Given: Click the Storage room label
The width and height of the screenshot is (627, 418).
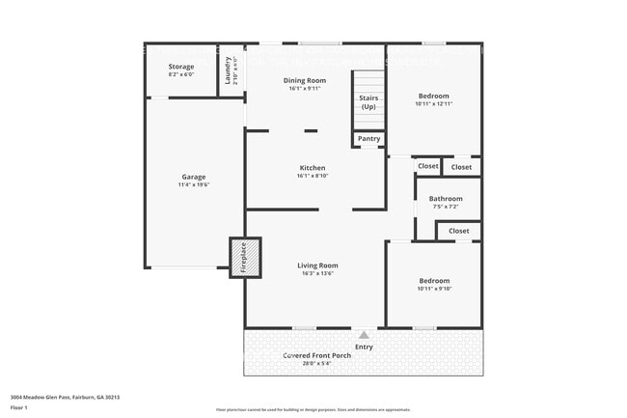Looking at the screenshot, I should point(181,67).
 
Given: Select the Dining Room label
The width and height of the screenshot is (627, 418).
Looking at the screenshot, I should point(304,80).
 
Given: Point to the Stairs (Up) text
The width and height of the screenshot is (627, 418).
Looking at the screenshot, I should point(368,102).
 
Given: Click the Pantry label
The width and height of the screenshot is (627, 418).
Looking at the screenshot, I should point(368,139).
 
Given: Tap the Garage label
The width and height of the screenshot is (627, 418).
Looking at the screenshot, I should point(194,177).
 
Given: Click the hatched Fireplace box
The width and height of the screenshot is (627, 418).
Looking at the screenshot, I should point(244,258).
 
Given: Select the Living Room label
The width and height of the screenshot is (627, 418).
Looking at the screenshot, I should point(316,265).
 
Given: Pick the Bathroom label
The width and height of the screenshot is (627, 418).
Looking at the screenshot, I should point(446,199).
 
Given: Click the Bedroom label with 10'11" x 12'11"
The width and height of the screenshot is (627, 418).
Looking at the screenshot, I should point(433,96).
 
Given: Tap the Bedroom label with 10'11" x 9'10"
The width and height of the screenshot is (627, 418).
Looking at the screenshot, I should point(433,280).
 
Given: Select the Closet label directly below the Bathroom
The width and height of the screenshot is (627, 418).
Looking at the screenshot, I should point(458,231).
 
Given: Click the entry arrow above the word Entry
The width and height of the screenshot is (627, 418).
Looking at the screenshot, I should point(364,335).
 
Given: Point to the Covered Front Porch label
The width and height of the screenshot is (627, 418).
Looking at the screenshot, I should point(316,356).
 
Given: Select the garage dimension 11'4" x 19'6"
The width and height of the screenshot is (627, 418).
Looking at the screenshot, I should point(194,184).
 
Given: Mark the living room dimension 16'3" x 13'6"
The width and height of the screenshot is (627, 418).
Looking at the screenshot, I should point(316,273).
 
